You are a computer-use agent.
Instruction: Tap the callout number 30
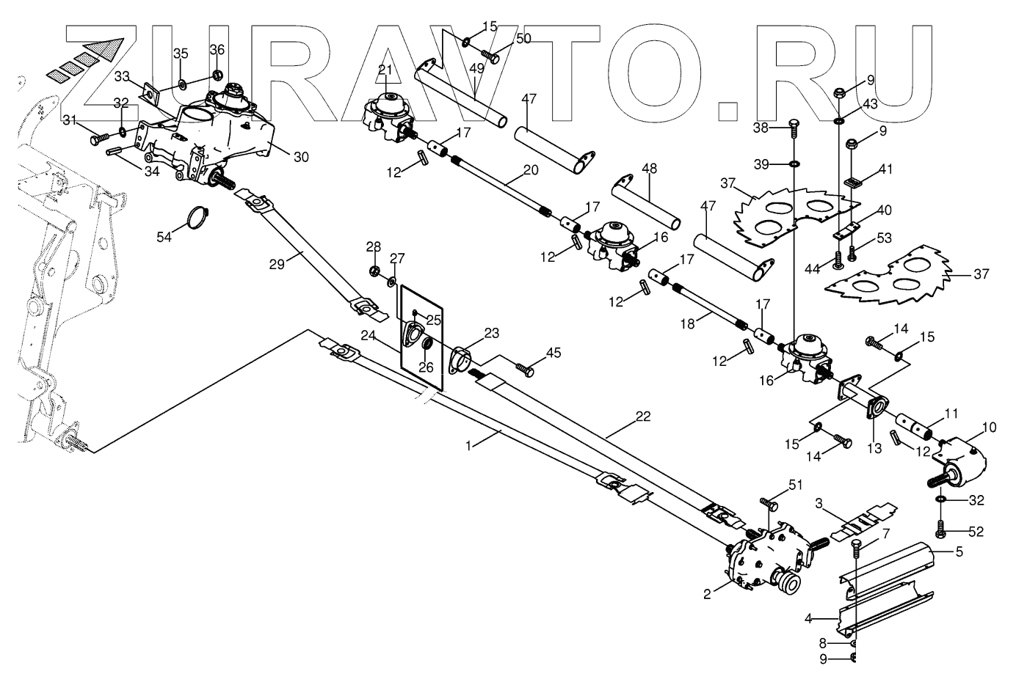[x=281, y=156]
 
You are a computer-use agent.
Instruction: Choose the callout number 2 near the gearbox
[x=707, y=595]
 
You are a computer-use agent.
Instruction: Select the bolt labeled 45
[x=524, y=369]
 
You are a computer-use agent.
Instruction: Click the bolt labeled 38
[x=793, y=128]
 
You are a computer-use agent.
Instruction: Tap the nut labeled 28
[x=374, y=273]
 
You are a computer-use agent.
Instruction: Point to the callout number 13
[x=873, y=447]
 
